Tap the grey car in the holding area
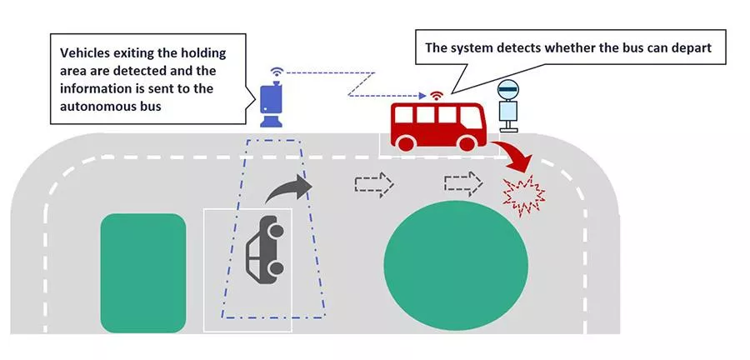coord(265,247)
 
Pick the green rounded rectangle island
coord(142,272)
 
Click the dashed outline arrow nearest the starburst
coord(462,183)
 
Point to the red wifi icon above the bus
coord(435,93)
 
